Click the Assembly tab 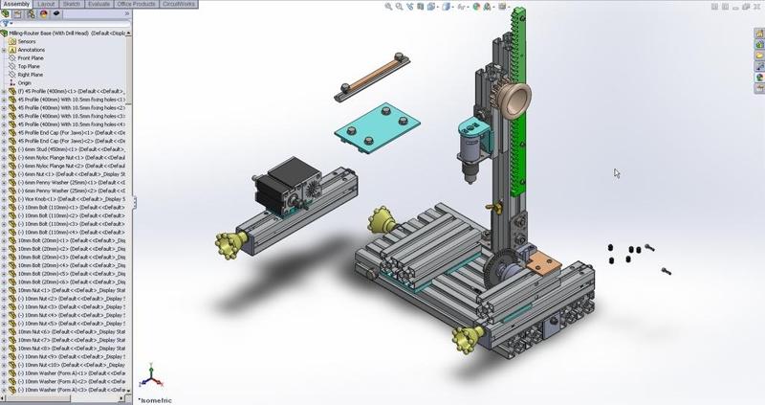(16, 4)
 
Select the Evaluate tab (98, 4)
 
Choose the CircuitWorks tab (181, 4)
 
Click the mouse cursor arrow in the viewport (616, 173)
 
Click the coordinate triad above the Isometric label (148, 379)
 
